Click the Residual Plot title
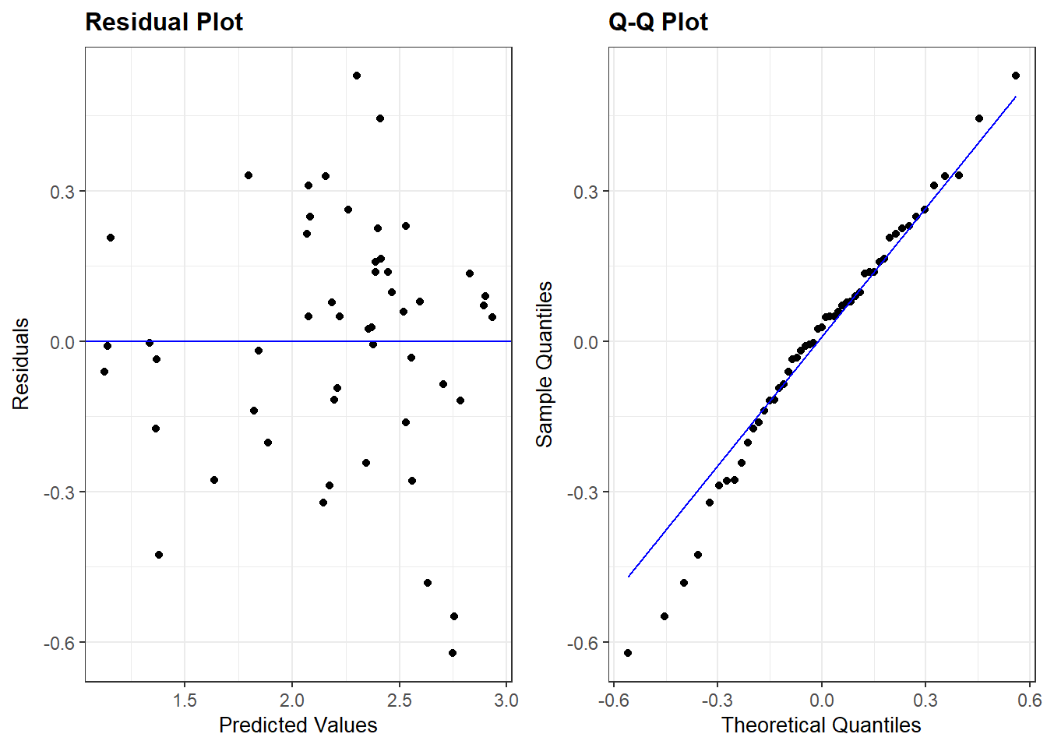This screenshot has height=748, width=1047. [x=164, y=22]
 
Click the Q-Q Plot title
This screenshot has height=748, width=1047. [x=657, y=22]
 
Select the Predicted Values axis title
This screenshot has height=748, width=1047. [x=298, y=725]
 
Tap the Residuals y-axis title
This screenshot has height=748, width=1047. [x=21, y=364]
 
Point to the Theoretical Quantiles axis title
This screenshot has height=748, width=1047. [x=821, y=725]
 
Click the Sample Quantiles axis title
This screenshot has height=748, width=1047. [x=545, y=364]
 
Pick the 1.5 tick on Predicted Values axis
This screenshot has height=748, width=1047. [x=185, y=700]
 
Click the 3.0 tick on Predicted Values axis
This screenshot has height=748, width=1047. [x=506, y=700]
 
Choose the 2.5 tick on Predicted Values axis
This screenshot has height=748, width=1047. [x=399, y=700]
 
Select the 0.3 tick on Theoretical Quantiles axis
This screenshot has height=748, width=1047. [x=925, y=700]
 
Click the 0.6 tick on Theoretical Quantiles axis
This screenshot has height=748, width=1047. [x=1029, y=700]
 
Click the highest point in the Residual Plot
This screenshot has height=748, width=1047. [x=357, y=76]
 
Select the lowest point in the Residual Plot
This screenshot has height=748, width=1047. [x=453, y=653]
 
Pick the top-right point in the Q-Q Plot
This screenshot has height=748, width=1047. [x=1016, y=76]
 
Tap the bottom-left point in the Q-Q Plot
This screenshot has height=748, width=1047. [x=628, y=653]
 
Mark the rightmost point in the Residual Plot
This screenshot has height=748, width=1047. [x=492, y=317]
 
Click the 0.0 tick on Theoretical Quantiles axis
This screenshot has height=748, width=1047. [x=821, y=700]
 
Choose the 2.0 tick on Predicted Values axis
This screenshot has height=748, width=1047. [x=292, y=700]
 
